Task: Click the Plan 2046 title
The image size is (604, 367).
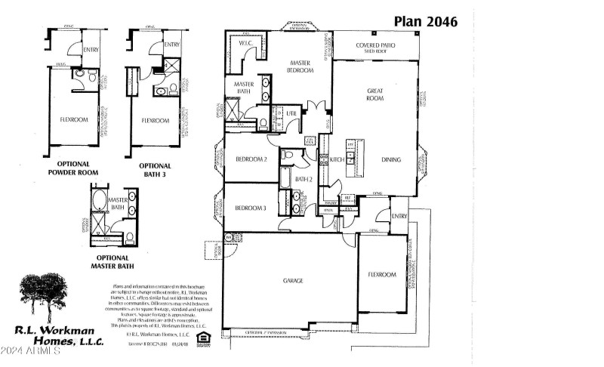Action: [425, 21]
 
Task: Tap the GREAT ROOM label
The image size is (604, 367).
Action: [375, 94]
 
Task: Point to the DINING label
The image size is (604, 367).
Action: [391, 159]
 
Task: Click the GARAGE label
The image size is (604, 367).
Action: [293, 279]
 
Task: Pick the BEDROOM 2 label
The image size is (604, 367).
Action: [251, 159]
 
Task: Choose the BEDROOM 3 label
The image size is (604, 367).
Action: [251, 208]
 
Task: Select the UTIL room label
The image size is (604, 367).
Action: [291, 114]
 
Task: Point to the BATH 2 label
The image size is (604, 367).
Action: [304, 179]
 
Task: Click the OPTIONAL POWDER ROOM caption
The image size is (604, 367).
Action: [72, 168]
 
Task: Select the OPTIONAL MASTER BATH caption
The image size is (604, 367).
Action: [112, 261]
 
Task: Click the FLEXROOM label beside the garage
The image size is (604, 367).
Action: [382, 275]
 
